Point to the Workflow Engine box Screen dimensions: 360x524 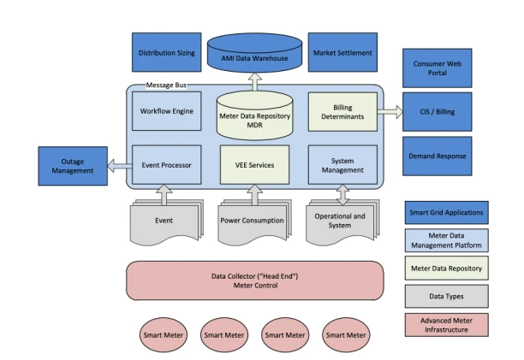pyautogui.click(x=166, y=111)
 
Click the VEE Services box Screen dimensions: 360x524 pyautogui.click(x=253, y=164)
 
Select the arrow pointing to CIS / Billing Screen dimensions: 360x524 pyautogui.click(x=390, y=112)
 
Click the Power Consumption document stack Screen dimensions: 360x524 pyautogui.click(x=253, y=221)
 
